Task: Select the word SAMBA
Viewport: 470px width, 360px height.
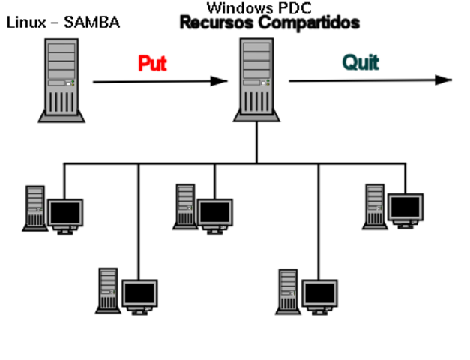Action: (x=91, y=22)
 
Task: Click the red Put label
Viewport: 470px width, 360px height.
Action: (x=152, y=63)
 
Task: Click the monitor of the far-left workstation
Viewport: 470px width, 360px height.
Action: (x=64, y=214)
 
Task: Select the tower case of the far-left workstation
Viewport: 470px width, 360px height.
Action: (x=34, y=206)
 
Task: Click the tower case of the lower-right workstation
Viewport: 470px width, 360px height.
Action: (x=288, y=290)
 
